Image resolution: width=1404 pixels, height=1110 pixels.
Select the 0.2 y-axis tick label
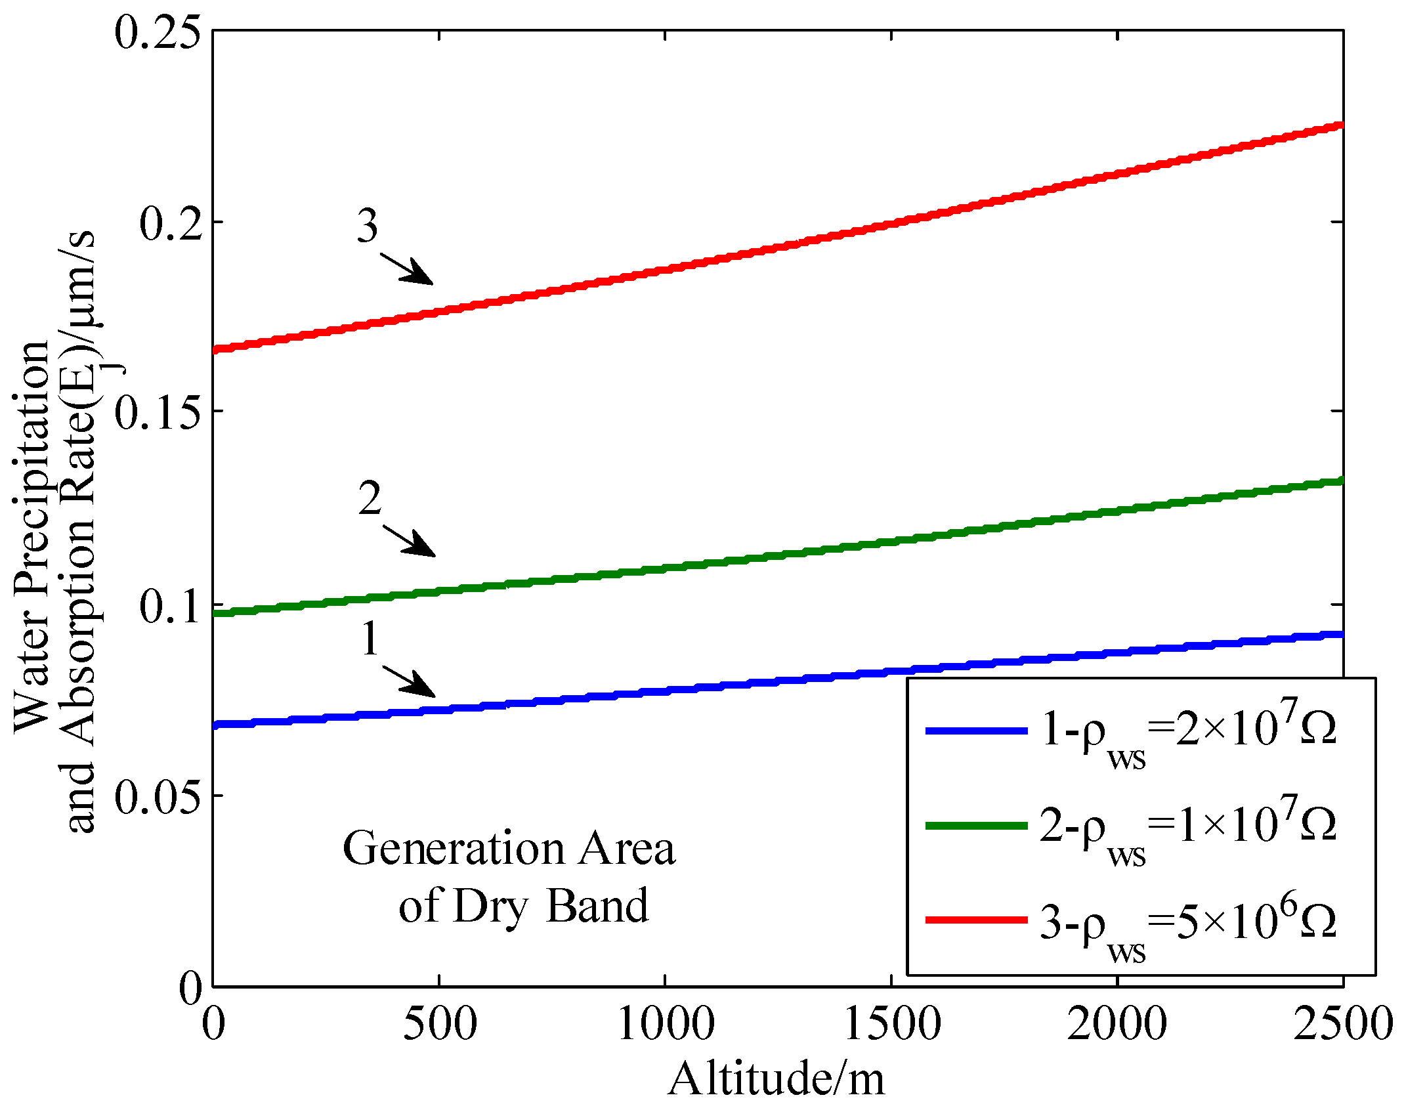pyautogui.click(x=169, y=224)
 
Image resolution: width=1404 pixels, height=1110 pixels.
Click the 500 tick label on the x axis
pyautogui.click(x=439, y=1024)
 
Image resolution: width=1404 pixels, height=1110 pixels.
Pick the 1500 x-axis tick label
pyautogui.click(x=891, y=1024)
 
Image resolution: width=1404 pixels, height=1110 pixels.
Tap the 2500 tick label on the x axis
pyautogui.click(x=1342, y=1024)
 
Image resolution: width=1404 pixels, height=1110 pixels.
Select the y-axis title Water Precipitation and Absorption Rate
pyautogui.click(x=56, y=532)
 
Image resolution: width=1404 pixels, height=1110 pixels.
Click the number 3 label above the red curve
pyautogui.click(x=368, y=226)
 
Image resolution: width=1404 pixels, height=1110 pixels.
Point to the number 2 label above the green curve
pyautogui.click(x=370, y=499)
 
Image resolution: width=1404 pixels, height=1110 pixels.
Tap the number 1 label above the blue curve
pyautogui.click(x=370, y=639)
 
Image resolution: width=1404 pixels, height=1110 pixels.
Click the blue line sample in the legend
pyautogui.click(x=976, y=731)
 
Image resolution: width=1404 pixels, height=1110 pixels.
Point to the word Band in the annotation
pyautogui.click(x=597, y=906)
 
